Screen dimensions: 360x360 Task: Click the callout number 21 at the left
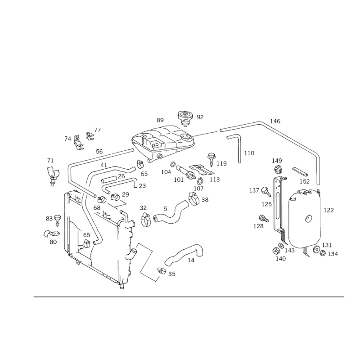50,160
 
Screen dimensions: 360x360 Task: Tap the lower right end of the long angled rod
318,155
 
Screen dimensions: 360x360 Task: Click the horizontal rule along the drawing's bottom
189,297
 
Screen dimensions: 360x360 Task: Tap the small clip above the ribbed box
184,118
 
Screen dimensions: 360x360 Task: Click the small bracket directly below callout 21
54,175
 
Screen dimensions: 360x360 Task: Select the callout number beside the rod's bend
275,121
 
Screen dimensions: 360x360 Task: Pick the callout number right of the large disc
328,209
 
